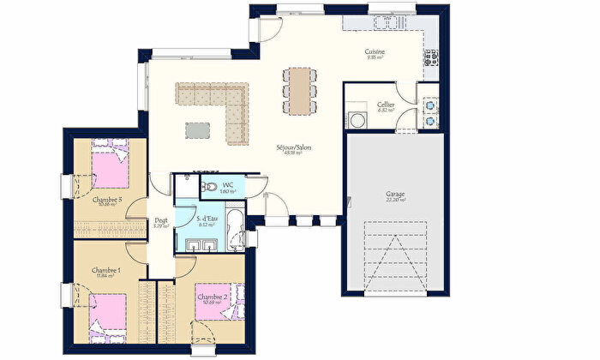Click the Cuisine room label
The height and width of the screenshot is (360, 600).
375,51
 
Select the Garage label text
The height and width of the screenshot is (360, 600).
394,194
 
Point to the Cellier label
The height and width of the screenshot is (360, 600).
386,105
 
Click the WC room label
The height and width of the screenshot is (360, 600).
228,185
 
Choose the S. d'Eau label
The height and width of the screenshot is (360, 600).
206,220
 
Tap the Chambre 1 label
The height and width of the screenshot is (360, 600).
107,271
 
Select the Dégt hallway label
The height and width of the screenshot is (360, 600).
161,221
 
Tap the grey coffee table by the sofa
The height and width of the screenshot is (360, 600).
198,129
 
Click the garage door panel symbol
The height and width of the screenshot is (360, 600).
394,249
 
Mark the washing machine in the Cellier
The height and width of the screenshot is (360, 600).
356,121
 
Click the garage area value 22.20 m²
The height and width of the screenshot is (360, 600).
394,200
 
